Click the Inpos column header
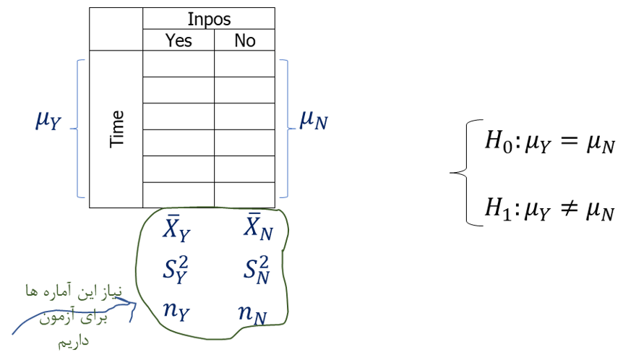click(208, 18)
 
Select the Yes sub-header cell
click(179, 40)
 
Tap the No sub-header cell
click(244, 40)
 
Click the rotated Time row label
click(116, 129)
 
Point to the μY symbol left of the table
click(49, 120)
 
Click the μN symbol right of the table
click(313, 120)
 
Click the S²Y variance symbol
click(177, 270)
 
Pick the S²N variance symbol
click(257, 270)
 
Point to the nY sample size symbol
click(177, 312)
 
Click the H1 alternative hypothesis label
click(499, 210)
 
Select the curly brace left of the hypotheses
click(459, 173)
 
